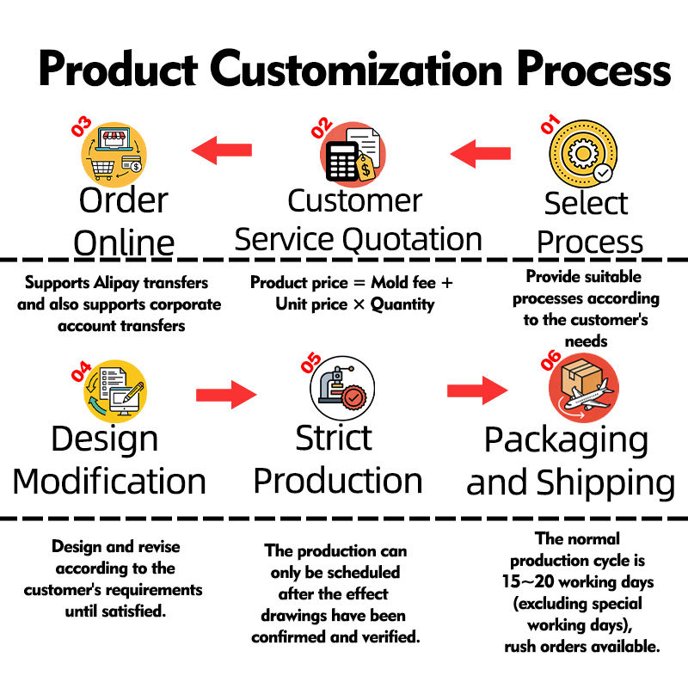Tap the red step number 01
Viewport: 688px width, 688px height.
550,124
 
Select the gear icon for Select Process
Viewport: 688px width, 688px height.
583,153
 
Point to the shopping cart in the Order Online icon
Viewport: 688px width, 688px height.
101,169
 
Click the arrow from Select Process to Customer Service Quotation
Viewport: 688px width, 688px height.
481,153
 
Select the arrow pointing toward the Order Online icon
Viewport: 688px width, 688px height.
222,150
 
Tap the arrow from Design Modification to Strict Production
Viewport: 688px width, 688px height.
226,395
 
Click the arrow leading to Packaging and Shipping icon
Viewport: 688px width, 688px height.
477,390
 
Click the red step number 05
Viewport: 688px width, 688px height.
310,362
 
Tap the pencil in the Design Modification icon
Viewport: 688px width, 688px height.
133,392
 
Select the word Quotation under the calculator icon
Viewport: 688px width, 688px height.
412,240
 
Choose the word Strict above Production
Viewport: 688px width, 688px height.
334,438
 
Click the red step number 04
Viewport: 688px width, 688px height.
81,372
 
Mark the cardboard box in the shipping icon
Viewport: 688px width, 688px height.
581,376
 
